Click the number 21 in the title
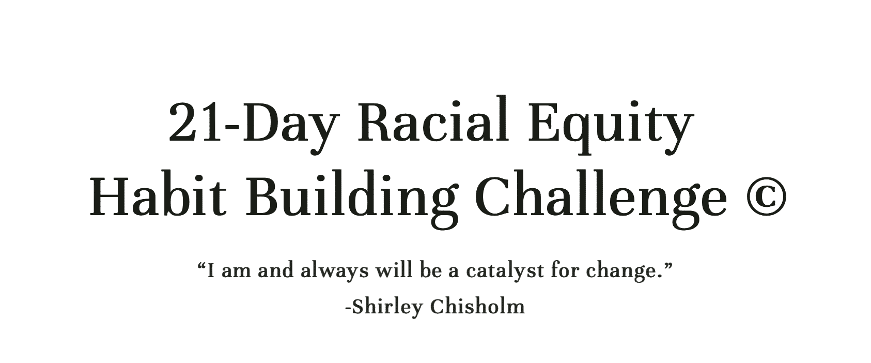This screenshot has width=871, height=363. click(x=195, y=123)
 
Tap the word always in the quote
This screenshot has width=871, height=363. click(x=334, y=271)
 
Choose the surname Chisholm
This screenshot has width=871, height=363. click(x=477, y=306)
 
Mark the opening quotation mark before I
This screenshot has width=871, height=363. click(x=202, y=266)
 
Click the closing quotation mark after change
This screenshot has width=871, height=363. click(x=667, y=266)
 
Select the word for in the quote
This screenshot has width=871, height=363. click(x=565, y=270)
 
